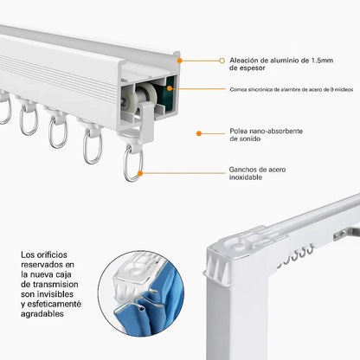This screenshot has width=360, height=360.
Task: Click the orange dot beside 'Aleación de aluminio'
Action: tap(222, 61)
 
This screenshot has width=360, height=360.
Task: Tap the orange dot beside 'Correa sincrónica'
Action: tap(222, 88)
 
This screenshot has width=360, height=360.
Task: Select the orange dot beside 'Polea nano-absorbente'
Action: tap(199, 134)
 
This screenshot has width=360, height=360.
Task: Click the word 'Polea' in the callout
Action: tap(239, 131)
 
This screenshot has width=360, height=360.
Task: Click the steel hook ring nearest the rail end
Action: tap(132, 164)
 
